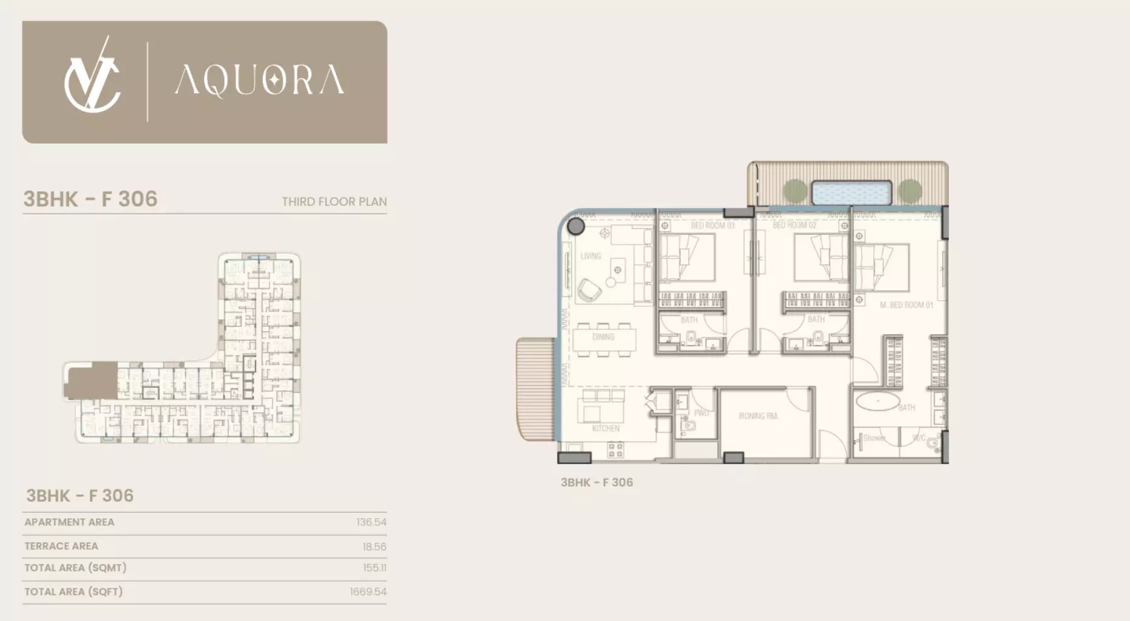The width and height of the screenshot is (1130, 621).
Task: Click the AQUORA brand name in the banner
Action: [x=259, y=80]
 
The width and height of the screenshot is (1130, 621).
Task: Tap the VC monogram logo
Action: [x=92, y=77]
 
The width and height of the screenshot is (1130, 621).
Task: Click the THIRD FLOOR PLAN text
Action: [x=334, y=202]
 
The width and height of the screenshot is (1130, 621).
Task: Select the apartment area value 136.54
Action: [x=371, y=522]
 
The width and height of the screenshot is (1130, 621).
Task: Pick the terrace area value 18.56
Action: [x=374, y=547]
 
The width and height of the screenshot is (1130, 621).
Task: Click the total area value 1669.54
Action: [x=368, y=592]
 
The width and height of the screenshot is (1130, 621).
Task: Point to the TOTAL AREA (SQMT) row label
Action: [x=76, y=568]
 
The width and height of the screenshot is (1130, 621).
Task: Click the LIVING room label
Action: [x=590, y=256]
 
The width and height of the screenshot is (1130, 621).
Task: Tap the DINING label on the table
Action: [x=603, y=337]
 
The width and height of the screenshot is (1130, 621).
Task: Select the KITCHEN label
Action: [x=606, y=429]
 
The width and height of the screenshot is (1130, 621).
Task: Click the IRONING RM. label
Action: [x=758, y=416]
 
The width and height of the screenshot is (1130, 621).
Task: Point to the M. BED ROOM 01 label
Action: [x=906, y=305]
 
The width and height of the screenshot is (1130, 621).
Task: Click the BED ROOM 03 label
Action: [x=712, y=225]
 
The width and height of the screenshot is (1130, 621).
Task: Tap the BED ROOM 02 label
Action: [x=794, y=225]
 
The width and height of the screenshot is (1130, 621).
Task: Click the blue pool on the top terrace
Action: [x=851, y=192]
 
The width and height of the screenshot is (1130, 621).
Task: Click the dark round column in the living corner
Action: [x=576, y=227]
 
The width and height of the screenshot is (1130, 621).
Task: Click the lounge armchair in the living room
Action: [x=589, y=291]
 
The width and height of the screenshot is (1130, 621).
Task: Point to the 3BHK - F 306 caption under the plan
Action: [x=596, y=482]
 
